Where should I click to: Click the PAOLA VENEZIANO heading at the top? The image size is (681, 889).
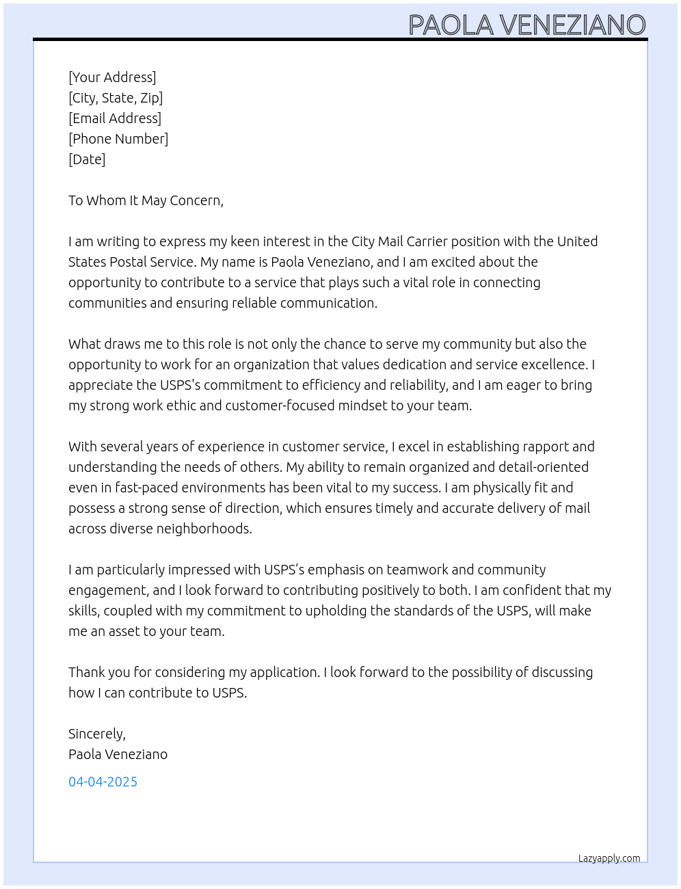pyautogui.click(x=526, y=25)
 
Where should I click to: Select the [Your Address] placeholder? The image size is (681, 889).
pyautogui.click(x=112, y=77)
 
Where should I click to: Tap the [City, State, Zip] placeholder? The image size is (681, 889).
pyautogui.click(x=116, y=98)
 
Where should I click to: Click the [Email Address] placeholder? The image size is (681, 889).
pyautogui.click(x=115, y=118)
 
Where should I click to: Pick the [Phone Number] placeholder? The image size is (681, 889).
pyautogui.click(x=118, y=139)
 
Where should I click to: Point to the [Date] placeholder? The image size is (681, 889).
pyautogui.click(x=87, y=159)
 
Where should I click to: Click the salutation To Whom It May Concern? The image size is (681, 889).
pyautogui.click(x=146, y=200)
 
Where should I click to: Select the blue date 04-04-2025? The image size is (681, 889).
pyautogui.click(x=103, y=782)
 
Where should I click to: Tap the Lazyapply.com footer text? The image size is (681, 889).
pyautogui.click(x=609, y=858)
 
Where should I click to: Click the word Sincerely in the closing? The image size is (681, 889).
pyautogui.click(x=96, y=734)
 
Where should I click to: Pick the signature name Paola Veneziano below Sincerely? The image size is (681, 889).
pyautogui.click(x=118, y=754)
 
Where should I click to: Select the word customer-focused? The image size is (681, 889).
pyautogui.click(x=284, y=406)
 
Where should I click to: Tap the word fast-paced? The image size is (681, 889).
pyautogui.click(x=138, y=488)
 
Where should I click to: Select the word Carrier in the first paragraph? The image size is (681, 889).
pyautogui.click(x=427, y=241)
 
